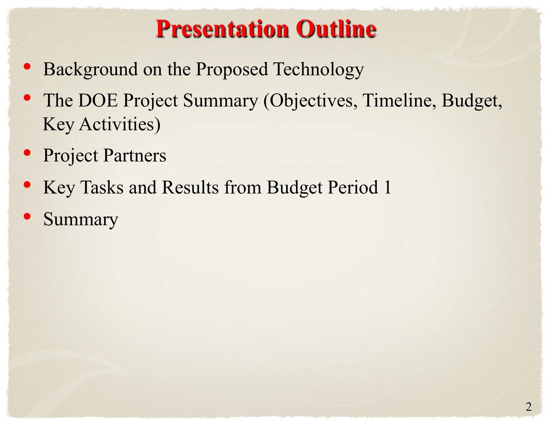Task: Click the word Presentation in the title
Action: click(x=221, y=29)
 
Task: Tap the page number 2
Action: click(x=528, y=406)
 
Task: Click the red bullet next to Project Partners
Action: click(x=27, y=153)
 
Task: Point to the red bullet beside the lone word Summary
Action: click(x=27, y=216)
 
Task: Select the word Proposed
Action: click(x=232, y=69)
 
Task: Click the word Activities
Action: click(x=119, y=125)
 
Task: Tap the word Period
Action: click(x=353, y=187)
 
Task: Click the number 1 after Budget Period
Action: click(x=387, y=187)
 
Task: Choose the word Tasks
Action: click(x=102, y=187)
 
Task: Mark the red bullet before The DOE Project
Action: click(x=27, y=98)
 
